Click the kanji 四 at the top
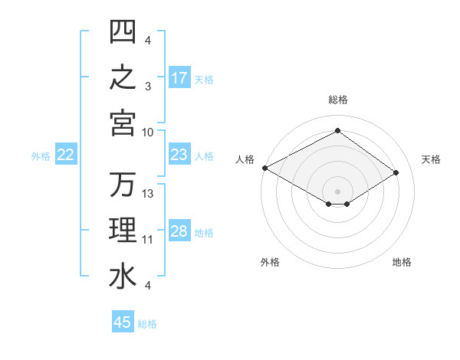123,31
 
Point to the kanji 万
123,184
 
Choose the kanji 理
123,230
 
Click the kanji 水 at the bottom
123,277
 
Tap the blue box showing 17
179,77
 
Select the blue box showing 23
179,154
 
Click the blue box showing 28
179,230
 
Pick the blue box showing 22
66,154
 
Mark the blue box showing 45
123,321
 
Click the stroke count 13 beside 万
147,194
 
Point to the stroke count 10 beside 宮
147,133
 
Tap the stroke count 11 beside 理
147,240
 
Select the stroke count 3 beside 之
148,87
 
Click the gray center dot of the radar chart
337,191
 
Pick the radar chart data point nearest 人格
265,168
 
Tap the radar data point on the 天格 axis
396,172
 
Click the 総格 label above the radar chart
338,100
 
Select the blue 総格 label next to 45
147,324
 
